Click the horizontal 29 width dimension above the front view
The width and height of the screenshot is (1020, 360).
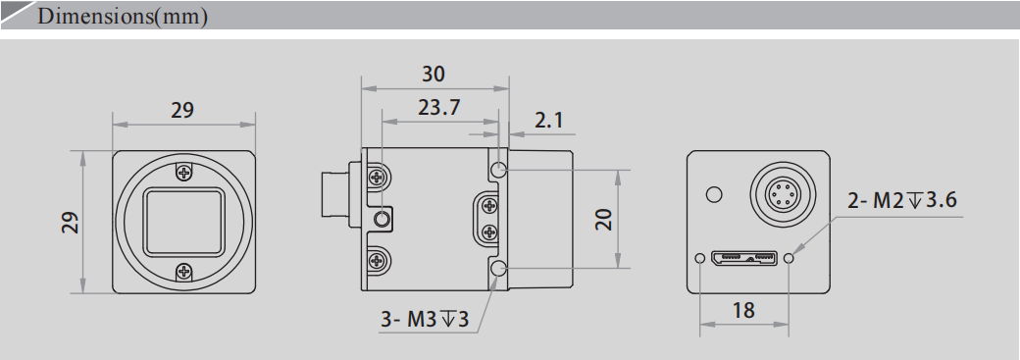(182, 110)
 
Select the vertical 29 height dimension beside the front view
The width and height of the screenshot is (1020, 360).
(70, 222)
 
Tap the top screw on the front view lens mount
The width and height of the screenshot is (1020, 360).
(184, 173)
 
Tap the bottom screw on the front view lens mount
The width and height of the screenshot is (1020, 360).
(184, 272)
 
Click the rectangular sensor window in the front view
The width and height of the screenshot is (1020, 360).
(184, 222)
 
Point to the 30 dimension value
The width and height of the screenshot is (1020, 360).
(433, 75)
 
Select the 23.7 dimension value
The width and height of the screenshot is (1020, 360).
(438, 108)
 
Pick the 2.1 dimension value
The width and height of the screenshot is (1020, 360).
(549, 121)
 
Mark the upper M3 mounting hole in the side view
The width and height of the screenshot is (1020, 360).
(499, 170)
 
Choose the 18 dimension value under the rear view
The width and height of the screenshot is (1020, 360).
(743, 310)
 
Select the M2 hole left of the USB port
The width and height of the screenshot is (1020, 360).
(699, 259)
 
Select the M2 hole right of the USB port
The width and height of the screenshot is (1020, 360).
(790, 259)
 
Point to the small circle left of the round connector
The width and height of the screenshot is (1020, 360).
(714, 194)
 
